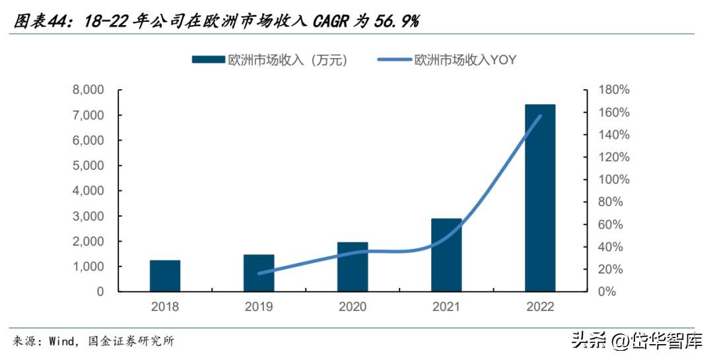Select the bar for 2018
click(164, 275)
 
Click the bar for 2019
click(258, 273)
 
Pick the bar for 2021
click(446, 254)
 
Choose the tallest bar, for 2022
click(540, 198)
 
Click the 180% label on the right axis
click(614, 90)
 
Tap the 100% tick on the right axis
click(614, 180)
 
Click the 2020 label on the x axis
click(353, 307)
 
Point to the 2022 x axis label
click(540, 307)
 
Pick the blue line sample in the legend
click(394, 59)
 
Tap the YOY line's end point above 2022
click(540, 116)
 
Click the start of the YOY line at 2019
click(259, 273)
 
